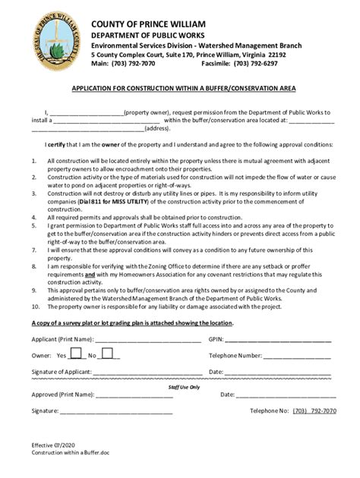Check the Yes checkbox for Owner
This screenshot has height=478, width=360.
(76, 354)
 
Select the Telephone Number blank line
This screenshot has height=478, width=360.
(297, 355)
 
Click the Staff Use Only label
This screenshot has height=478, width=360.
(183, 386)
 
